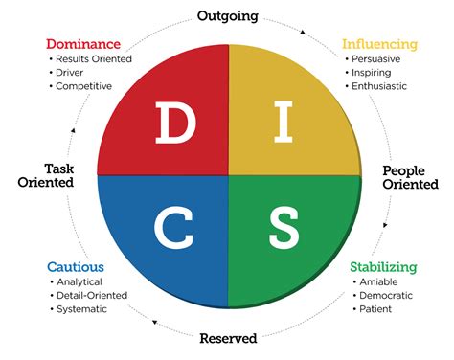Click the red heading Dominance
click(x=83, y=44)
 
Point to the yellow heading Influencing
click(x=379, y=44)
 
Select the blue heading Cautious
click(x=76, y=267)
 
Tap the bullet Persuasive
click(x=378, y=58)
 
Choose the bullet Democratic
click(x=389, y=296)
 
